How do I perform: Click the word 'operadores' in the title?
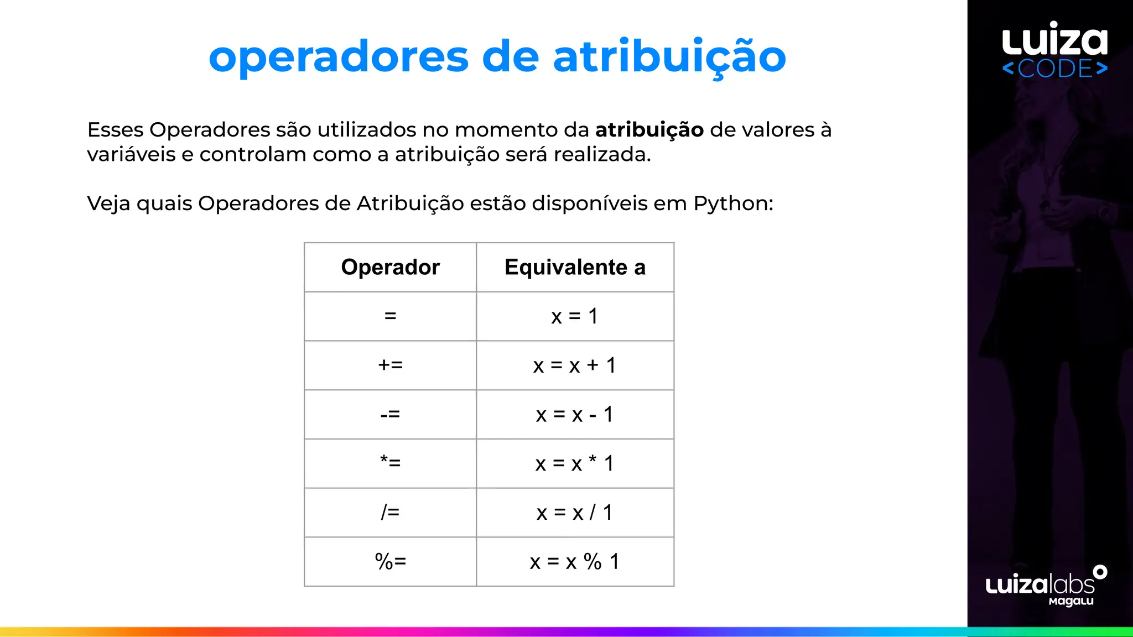click(339, 58)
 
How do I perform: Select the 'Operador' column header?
click(390, 267)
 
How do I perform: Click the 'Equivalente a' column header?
click(575, 267)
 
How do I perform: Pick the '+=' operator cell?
click(390, 365)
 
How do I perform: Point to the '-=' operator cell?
click(390, 414)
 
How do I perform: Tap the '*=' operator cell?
click(390, 463)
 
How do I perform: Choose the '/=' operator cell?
click(390, 512)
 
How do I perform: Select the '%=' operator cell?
click(390, 561)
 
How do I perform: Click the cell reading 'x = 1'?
click(575, 316)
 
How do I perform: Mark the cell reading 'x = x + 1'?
click(575, 365)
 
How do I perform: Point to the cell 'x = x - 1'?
click(575, 414)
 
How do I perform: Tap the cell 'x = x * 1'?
click(575, 463)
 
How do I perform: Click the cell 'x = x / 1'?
click(575, 513)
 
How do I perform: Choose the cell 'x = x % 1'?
click(575, 562)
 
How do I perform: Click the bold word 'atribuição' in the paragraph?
click(649, 130)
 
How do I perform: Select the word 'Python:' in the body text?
click(733, 203)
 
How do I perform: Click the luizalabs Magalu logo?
click(1046, 587)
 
